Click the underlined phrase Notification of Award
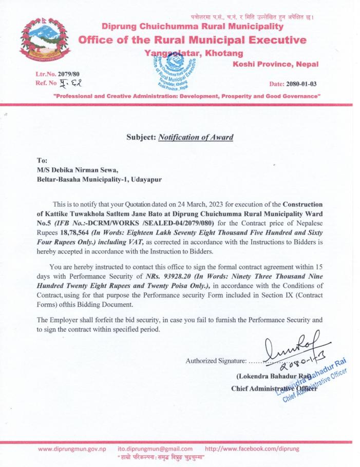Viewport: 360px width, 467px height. (195, 137)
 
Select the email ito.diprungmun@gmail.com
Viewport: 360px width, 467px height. (155, 449)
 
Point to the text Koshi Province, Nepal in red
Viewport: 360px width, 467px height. (275, 64)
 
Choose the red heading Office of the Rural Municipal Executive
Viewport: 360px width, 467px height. (192, 40)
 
